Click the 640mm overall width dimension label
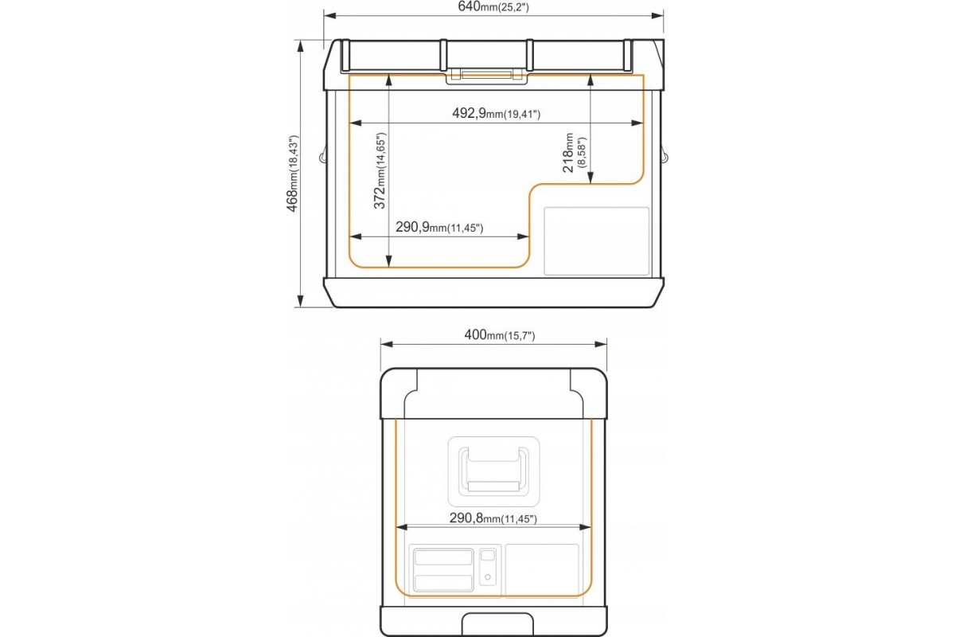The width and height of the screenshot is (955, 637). pyautogui.click(x=493, y=7)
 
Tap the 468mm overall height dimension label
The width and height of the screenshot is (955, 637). pyautogui.click(x=293, y=174)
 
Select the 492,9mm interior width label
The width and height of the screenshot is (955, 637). pyautogui.click(x=497, y=114)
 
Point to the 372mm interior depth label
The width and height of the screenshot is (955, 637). pyautogui.click(x=380, y=170)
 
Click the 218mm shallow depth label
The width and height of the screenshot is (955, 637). pyautogui.click(x=575, y=152)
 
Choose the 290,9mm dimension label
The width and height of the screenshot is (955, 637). pyautogui.click(x=439, y=228)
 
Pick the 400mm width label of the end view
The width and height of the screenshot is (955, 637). pyautogui.click(x=499, y=335)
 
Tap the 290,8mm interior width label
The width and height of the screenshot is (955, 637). pyautogui.click(x=493, y=518)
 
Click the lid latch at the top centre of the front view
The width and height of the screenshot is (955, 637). pyautogui.click(x=486, y=76)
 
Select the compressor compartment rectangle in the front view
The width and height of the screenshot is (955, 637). pyautogui.click(x=596, y=241)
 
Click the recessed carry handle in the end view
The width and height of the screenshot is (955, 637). pyautogui.click(x=493, y=471)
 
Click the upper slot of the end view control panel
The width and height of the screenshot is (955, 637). pyautogui.click(x=443, y=557)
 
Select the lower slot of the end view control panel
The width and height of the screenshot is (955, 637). pyautogui.click(x=443, y=583)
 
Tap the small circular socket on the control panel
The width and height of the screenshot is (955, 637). pyautogui.click(x=488, y=577)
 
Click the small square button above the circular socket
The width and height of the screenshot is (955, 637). pyautogui.click(x=488, y=555)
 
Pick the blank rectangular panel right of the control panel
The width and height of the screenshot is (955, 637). pyautogui.click(x=542, y=570)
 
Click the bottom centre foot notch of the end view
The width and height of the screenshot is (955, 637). pyautogui.click(x=497, y=625)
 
